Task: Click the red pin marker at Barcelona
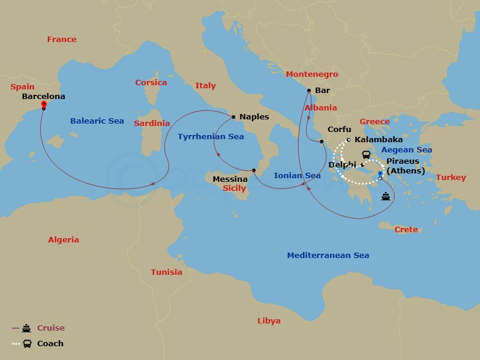(x=44, y=104)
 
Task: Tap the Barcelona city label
(x=43, y=95)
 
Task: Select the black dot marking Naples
(x=233, y=116)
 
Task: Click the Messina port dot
(x=254, y=171)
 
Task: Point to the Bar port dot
(x=308, y=91)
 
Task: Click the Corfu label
(x=339, y=129)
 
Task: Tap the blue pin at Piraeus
(x=380, y=175)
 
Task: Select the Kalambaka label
(x=379, y=140)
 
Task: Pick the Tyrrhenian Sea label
(x=211, y=136)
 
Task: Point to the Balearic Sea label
(x=97, y=121)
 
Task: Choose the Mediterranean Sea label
(x=328, y=255)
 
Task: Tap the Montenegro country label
(x=311, y=74)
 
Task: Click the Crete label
(x=406, y=230)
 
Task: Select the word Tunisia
(x=166, y=272)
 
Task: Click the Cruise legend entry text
(x=51, y=328)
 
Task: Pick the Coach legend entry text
(x=50, y=344)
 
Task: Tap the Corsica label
(x=151, y=82)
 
